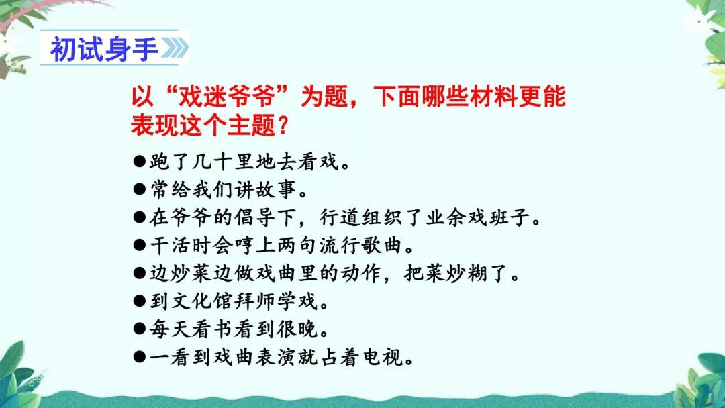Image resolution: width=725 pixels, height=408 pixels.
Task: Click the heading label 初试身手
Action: click(103, 48)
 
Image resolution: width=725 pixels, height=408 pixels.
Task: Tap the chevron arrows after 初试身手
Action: click(174, 49)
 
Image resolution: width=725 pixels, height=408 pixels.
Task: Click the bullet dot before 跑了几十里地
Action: click(139, 162)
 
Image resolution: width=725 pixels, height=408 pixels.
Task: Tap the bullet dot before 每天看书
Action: click(139, 329)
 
